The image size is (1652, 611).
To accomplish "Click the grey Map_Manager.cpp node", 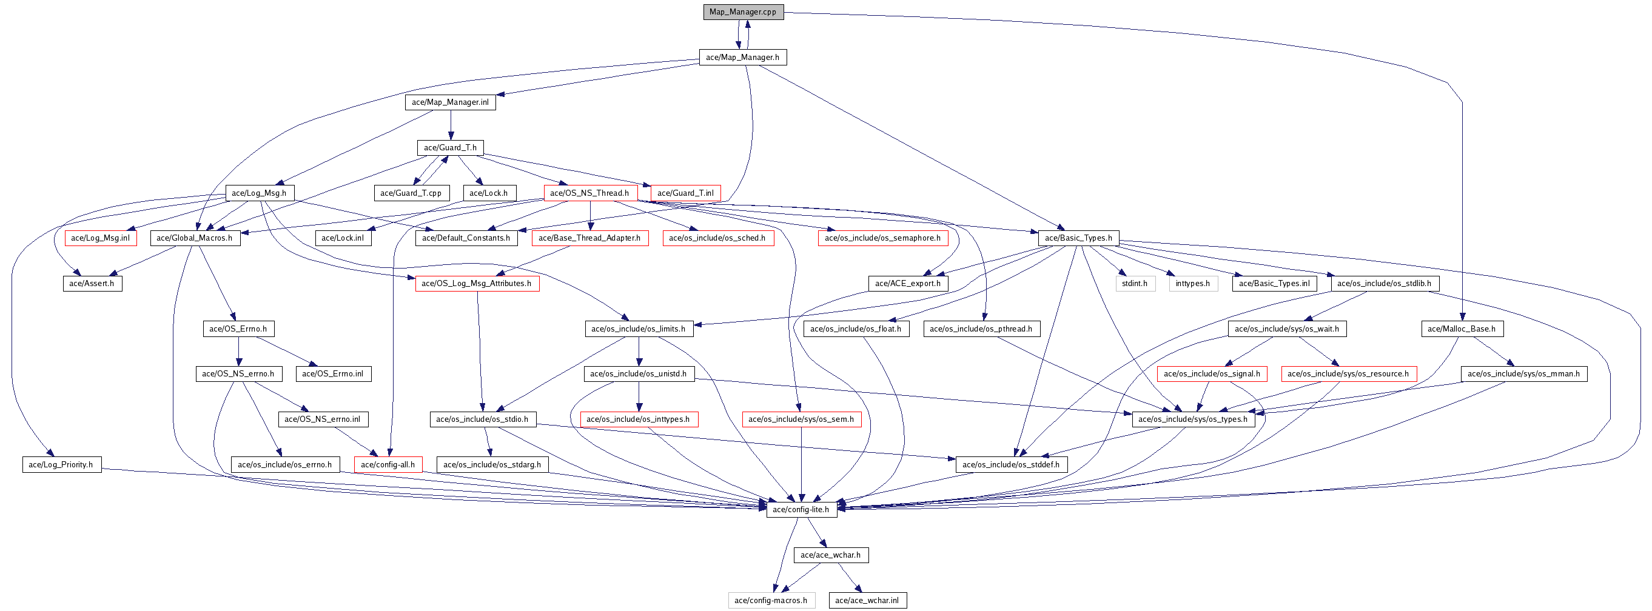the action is [744, 12].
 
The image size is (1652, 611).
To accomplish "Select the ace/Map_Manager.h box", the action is [743, 57].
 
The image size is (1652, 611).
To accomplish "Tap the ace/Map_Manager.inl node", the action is [450, 102].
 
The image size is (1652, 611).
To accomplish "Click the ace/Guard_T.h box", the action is [450, 147].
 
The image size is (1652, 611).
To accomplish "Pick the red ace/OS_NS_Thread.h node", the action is [590, 193].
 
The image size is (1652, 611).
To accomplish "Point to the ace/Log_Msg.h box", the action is [260, 193].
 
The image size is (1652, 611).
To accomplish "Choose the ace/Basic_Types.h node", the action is [1079, 238].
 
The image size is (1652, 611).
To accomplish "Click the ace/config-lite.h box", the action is [801, 510].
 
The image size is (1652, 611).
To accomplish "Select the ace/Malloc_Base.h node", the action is [1462, 329].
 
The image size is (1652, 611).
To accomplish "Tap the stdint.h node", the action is [1135, 284].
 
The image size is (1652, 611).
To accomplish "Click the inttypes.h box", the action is [1193, 284].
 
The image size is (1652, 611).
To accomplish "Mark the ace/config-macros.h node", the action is [771, 601].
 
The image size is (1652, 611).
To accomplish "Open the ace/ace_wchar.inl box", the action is [868, 601].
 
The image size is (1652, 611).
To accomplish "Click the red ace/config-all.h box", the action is [388, 465].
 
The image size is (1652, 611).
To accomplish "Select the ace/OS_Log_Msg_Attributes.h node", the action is [477, 284].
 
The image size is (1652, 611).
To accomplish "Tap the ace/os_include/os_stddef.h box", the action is [1012, 465].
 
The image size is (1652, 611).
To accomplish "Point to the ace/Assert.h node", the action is [92, 284].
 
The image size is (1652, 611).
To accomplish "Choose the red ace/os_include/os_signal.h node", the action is [1212, 374].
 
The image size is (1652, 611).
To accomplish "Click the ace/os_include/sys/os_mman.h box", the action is [1524, 374].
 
